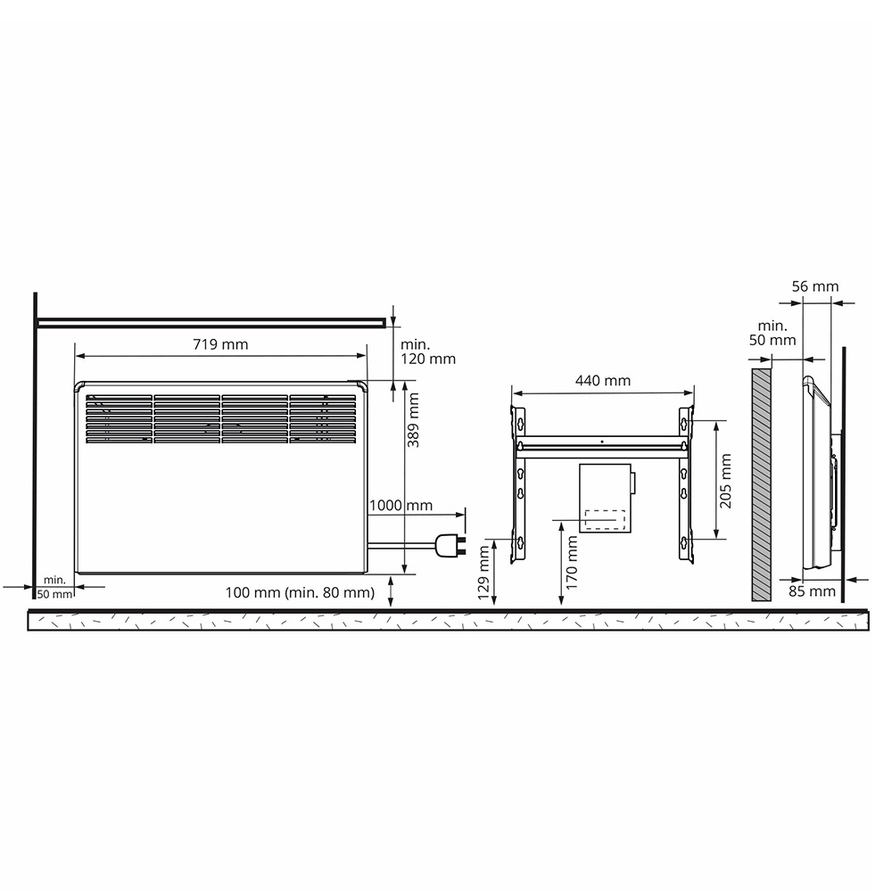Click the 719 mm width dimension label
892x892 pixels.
click(220, 344)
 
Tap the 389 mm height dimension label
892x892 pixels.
click(414, 420)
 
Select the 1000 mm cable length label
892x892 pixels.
click(401, 505)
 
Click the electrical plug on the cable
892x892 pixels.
click(450, 546)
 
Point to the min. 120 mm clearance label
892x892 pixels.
click(428, 351)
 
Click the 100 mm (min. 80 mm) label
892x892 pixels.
click(300, 592)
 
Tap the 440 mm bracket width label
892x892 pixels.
click(603, 381)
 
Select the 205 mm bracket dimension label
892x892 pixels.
click(725, 481)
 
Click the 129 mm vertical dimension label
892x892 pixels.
click(484, 573)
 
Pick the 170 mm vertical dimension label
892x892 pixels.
click(572, 563)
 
